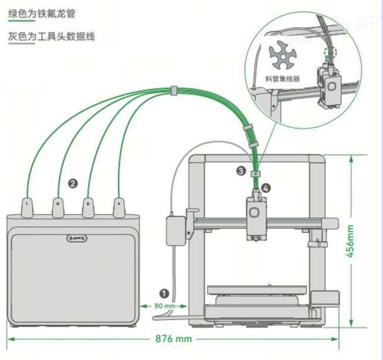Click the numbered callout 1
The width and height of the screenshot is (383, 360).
(164, 291)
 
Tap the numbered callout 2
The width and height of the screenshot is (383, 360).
(73, 183)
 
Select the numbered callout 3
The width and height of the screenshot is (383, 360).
(241, 171)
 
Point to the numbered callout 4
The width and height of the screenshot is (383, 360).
(267, 188)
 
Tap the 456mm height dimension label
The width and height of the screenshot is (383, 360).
(351, 242)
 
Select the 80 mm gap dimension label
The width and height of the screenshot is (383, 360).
(165, 305)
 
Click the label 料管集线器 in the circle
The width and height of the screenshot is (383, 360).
(283, 78)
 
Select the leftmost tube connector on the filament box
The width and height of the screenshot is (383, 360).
(28, 206)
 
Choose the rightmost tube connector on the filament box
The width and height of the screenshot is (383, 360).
(119, 206)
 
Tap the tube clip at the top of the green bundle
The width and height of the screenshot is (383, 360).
(174, 91)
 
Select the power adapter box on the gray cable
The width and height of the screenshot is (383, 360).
(175, 230)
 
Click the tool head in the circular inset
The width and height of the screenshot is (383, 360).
(329, 86)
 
